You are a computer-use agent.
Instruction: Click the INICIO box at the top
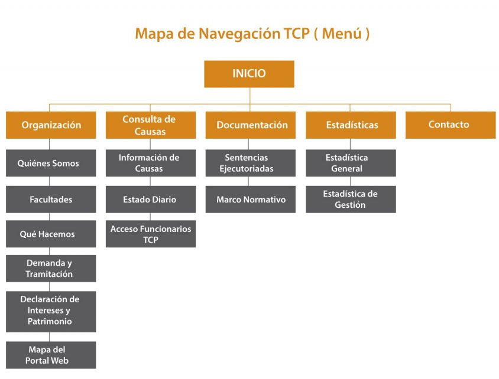tap(249, 74)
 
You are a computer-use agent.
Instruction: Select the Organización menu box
tap(51, 125)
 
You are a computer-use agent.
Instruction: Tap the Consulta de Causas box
tap(151, 125)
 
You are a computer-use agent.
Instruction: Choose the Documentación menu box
tap(251, 125)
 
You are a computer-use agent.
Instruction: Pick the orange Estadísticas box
tap(351, 125)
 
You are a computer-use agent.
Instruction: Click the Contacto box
tap(451, 125)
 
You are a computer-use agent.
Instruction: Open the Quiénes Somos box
tap(51, 163)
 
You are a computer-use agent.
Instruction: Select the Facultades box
tap(51, 199)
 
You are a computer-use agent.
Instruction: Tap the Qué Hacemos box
tap(51, 234)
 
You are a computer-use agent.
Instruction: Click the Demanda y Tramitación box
tap(51, 269)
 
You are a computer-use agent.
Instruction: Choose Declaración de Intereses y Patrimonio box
tap(51, 312)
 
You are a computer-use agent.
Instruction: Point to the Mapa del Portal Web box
tap(51, 355)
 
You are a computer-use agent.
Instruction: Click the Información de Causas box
tap(151, 163)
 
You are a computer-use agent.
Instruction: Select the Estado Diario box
tap(151, 199)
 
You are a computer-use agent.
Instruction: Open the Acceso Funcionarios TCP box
tap(151, 234)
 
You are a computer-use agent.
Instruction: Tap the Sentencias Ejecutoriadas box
tap(251, 163)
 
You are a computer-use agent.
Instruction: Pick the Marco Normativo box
tap(251, 199)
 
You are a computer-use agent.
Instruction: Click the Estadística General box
tap(351, 163)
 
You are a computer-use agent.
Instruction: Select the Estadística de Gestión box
tap(351, 199)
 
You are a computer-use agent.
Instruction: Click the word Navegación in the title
tap(239, 34)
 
